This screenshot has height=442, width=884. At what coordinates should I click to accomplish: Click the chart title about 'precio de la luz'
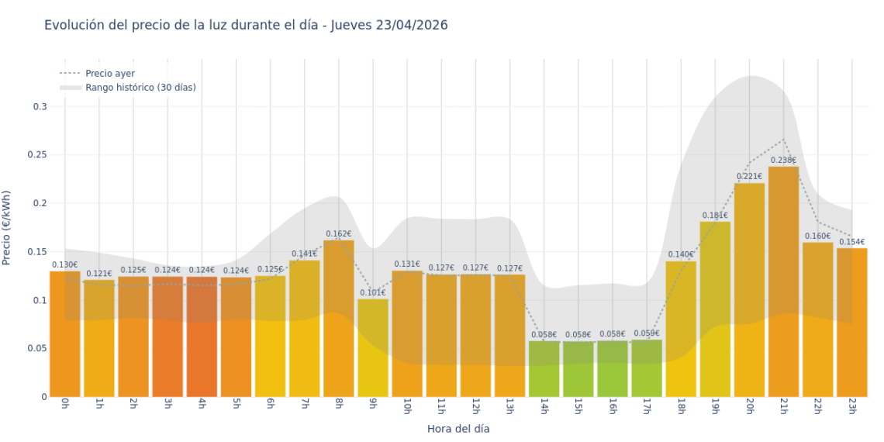[246, 26]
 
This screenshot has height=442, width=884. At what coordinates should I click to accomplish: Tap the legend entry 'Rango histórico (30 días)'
[140, 88]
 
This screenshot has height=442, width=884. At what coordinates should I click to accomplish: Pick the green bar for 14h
[544, 369]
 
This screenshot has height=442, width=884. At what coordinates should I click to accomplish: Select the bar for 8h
[339, 318]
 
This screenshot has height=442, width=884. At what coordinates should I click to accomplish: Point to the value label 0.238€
[783, 161]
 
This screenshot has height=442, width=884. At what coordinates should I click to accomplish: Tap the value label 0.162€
[339, 233]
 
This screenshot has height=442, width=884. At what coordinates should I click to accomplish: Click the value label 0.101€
[373, 292]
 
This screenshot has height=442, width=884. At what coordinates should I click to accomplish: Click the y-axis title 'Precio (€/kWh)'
[7, 228]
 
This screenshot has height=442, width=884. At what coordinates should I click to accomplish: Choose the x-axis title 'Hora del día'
[458, 428]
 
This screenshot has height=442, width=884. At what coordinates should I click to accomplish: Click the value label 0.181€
[715, 215]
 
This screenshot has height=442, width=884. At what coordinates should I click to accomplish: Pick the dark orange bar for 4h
[202, 337]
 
